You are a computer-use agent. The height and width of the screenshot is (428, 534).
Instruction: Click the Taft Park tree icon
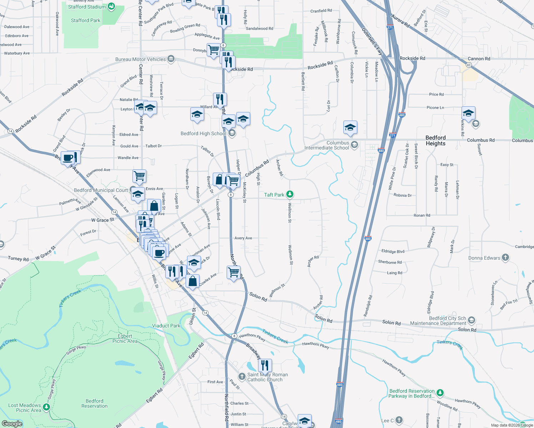tap(290, 194)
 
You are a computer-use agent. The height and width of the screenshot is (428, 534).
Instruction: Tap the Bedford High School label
tap(203, 134)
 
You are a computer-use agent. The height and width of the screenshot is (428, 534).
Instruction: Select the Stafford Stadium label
tap(87, 7)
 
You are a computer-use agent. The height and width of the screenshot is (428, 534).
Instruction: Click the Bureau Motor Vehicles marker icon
tap(171, 59)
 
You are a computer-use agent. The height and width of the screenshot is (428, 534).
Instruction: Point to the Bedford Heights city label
tap(435, 141)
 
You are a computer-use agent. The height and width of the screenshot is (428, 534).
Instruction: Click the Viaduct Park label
tap(166, 326)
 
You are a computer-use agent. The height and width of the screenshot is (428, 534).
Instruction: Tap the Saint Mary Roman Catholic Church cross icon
tap(242, 377)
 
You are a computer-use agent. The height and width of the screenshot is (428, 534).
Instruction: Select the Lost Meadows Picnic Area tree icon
tap(46, 407)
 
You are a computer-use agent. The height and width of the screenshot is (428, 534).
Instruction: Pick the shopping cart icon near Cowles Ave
tap(233, 272)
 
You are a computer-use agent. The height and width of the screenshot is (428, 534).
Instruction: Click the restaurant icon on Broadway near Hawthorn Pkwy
tap(265, 365)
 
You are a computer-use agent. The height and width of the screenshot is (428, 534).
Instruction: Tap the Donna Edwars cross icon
tap(505, 257)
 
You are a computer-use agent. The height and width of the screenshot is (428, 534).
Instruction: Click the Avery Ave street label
tap(243, 238)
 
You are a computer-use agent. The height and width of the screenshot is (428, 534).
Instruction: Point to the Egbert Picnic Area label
tap(125, 338)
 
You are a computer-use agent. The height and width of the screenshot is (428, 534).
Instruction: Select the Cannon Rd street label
tap(479, 58)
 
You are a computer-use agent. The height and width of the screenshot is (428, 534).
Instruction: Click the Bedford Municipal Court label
tap(101, 190)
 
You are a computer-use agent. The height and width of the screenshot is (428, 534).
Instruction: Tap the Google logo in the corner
tap(12, 423)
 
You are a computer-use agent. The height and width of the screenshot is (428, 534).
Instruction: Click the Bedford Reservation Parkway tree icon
tap(440, 393)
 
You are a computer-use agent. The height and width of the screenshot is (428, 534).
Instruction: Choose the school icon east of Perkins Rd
tap(475, 124)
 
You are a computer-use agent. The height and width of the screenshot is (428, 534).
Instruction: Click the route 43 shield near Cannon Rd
tap(469, 65)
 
